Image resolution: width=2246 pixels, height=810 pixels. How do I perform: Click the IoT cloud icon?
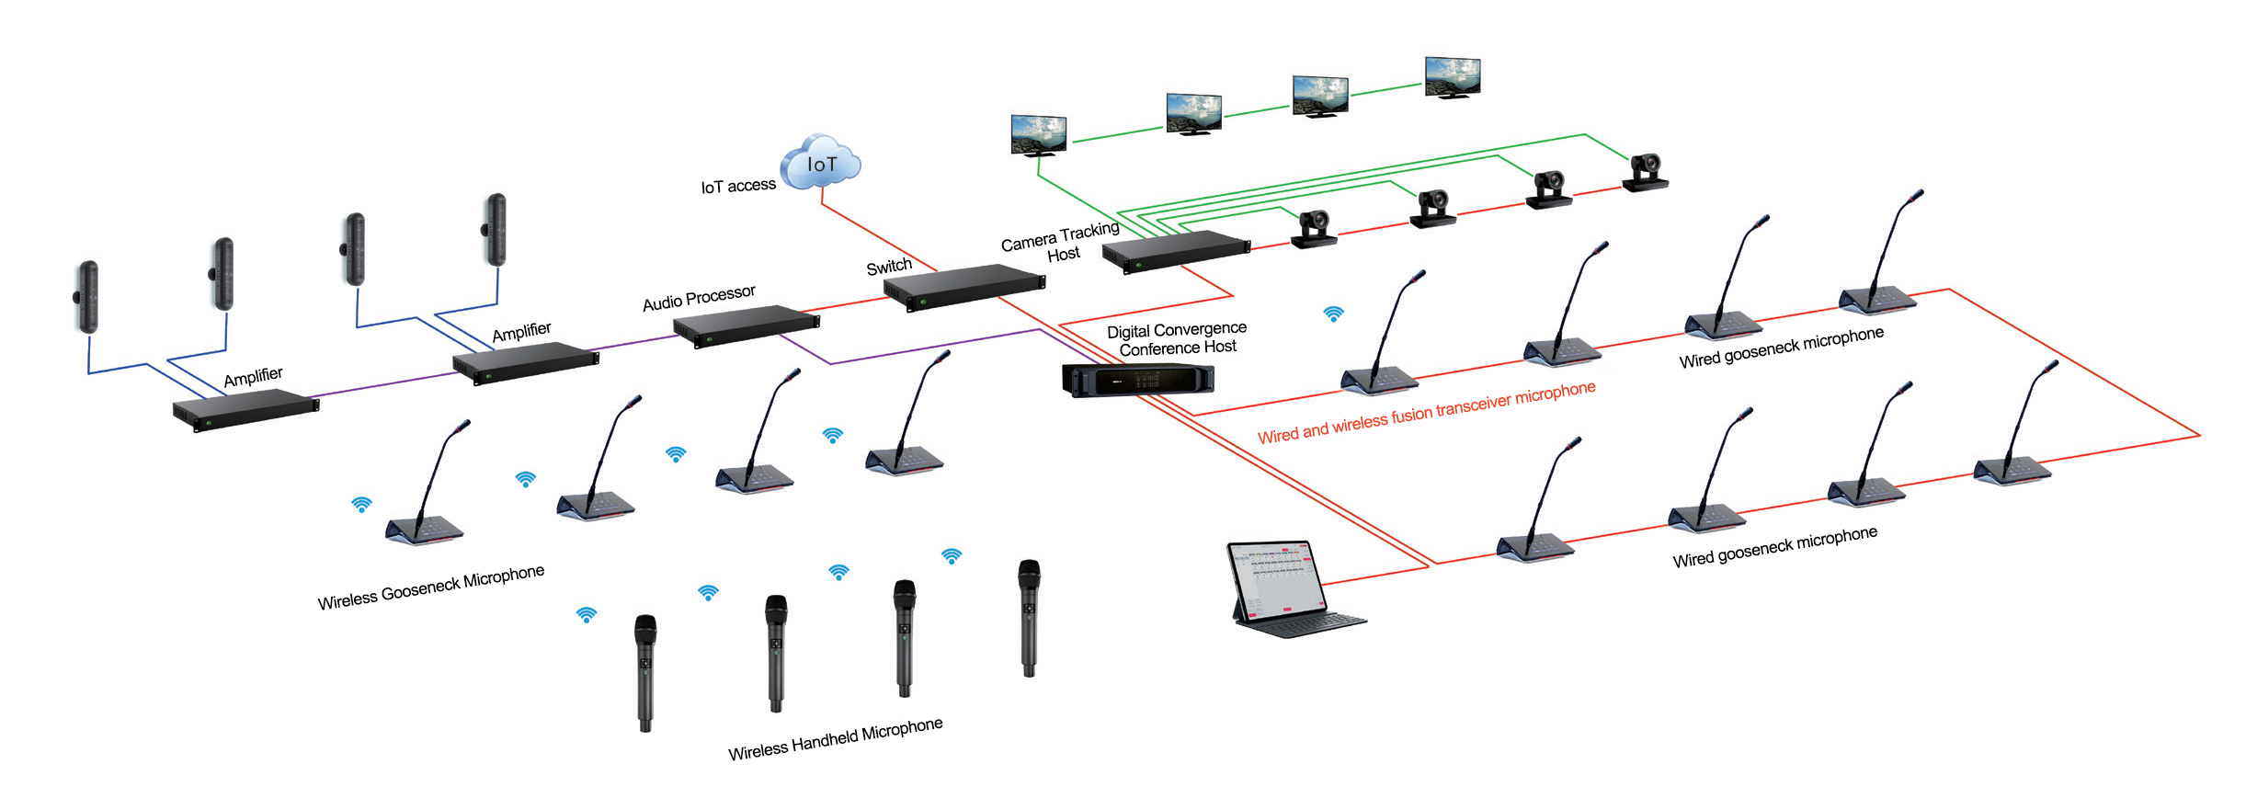click(x=820, y=164)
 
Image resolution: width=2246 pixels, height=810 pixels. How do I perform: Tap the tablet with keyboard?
click(x=1287, y=588)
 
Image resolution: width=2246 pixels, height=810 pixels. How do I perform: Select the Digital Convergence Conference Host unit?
click(x=1137, y=380)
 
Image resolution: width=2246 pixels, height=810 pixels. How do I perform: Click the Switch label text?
click(x=889, y=267)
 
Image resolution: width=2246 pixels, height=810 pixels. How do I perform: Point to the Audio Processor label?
click(x=699, y=298)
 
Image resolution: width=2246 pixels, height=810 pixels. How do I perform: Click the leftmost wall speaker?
click(x=86, y=297)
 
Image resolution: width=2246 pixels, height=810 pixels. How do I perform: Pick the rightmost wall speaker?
click(x=496, y=229)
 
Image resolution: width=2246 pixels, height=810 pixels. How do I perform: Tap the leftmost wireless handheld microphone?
click(x=645, y=671)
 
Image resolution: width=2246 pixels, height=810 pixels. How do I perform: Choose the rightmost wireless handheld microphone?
click(x=1029, y=616)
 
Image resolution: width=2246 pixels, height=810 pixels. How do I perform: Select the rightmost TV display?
click(x=1453, y=77)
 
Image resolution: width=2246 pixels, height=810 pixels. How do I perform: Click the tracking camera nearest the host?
click(x=1314, y=229)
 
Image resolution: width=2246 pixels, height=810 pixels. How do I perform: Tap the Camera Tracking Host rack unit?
click(x=1176, y=250)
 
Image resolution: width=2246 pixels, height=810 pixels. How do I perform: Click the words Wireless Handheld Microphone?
click(x=835, y=739)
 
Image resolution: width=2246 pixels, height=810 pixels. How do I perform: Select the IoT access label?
click(x=738, y=186)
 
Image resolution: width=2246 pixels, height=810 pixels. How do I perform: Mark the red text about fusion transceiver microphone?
click(x=1426, y=413)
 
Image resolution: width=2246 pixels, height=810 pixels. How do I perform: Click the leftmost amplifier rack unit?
click(x=245, y=409)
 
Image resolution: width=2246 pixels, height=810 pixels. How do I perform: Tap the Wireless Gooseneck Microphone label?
click(x=430, y=588)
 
